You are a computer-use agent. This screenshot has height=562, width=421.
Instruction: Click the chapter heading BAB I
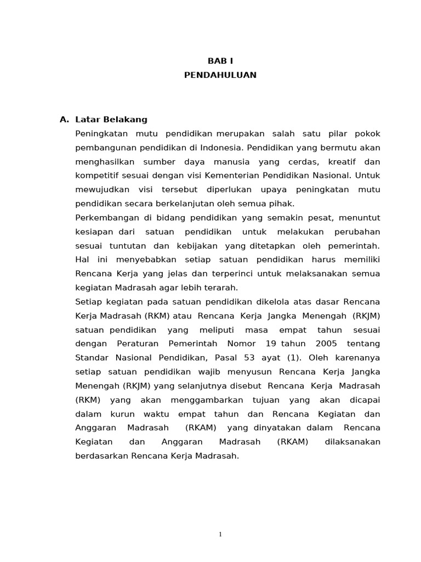(220, 61)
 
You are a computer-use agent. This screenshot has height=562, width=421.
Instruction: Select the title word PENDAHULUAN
(220, 75)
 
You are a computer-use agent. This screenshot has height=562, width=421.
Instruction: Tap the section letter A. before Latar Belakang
(65, 120)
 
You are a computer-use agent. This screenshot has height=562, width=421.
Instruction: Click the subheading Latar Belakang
(111, 120)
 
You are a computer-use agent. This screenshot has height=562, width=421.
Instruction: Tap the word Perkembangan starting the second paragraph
(104, 218)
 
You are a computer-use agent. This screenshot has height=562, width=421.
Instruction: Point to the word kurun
(120, 414)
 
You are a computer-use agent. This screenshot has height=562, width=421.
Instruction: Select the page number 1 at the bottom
(220, 535)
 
